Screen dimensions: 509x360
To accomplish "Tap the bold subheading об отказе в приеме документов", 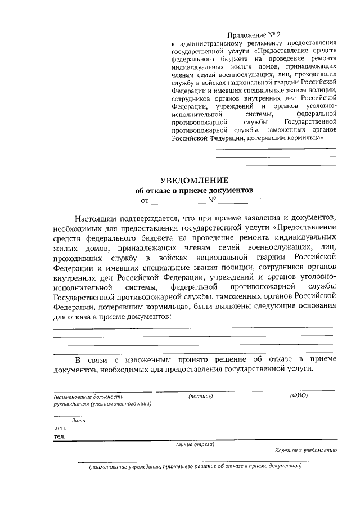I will point(194,190).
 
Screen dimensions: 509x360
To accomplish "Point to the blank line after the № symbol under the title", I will point(233,201).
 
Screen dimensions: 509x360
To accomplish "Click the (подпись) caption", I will point(201,396).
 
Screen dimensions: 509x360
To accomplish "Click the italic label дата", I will point(79,420).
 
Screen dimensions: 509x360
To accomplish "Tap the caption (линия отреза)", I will point(195,444).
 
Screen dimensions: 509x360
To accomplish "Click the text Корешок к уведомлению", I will point(305,451).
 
